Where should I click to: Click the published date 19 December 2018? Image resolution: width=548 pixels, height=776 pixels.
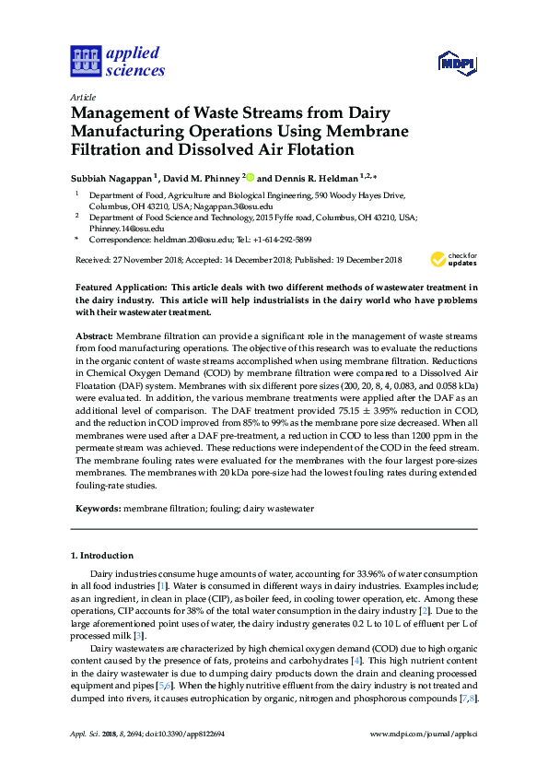pos(340,261)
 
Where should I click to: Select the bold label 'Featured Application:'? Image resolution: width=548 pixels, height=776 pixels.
pos(122,288)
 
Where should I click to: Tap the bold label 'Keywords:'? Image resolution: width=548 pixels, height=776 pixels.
pos(98,509)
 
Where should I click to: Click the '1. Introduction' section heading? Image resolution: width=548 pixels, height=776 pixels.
pos(102,556)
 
